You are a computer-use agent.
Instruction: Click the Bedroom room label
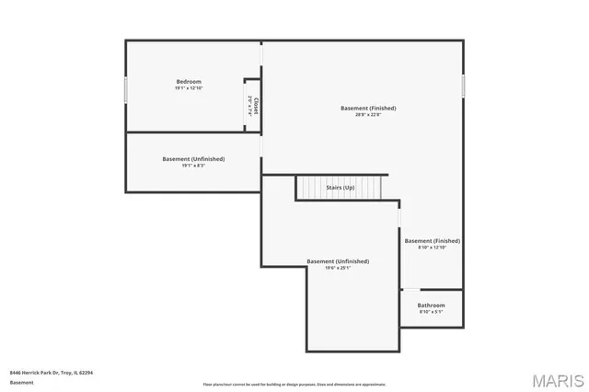189,82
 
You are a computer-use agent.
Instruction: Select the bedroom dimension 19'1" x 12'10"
189,88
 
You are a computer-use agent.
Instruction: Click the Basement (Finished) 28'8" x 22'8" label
368,109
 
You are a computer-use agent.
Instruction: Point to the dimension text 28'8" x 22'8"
368,115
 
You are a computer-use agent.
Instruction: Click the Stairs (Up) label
341,188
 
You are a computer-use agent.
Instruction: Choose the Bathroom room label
431,306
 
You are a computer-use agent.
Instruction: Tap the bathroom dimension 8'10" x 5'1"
431,312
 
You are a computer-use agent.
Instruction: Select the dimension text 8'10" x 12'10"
432,248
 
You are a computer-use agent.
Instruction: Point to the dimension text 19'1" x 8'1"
193,166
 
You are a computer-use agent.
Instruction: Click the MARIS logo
557,380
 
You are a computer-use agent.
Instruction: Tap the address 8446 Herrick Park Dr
52,373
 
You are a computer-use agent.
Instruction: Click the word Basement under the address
21,382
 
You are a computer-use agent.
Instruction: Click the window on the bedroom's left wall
126,89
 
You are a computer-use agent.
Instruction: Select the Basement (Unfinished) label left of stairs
193,159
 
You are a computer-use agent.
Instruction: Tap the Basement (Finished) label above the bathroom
432,241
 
